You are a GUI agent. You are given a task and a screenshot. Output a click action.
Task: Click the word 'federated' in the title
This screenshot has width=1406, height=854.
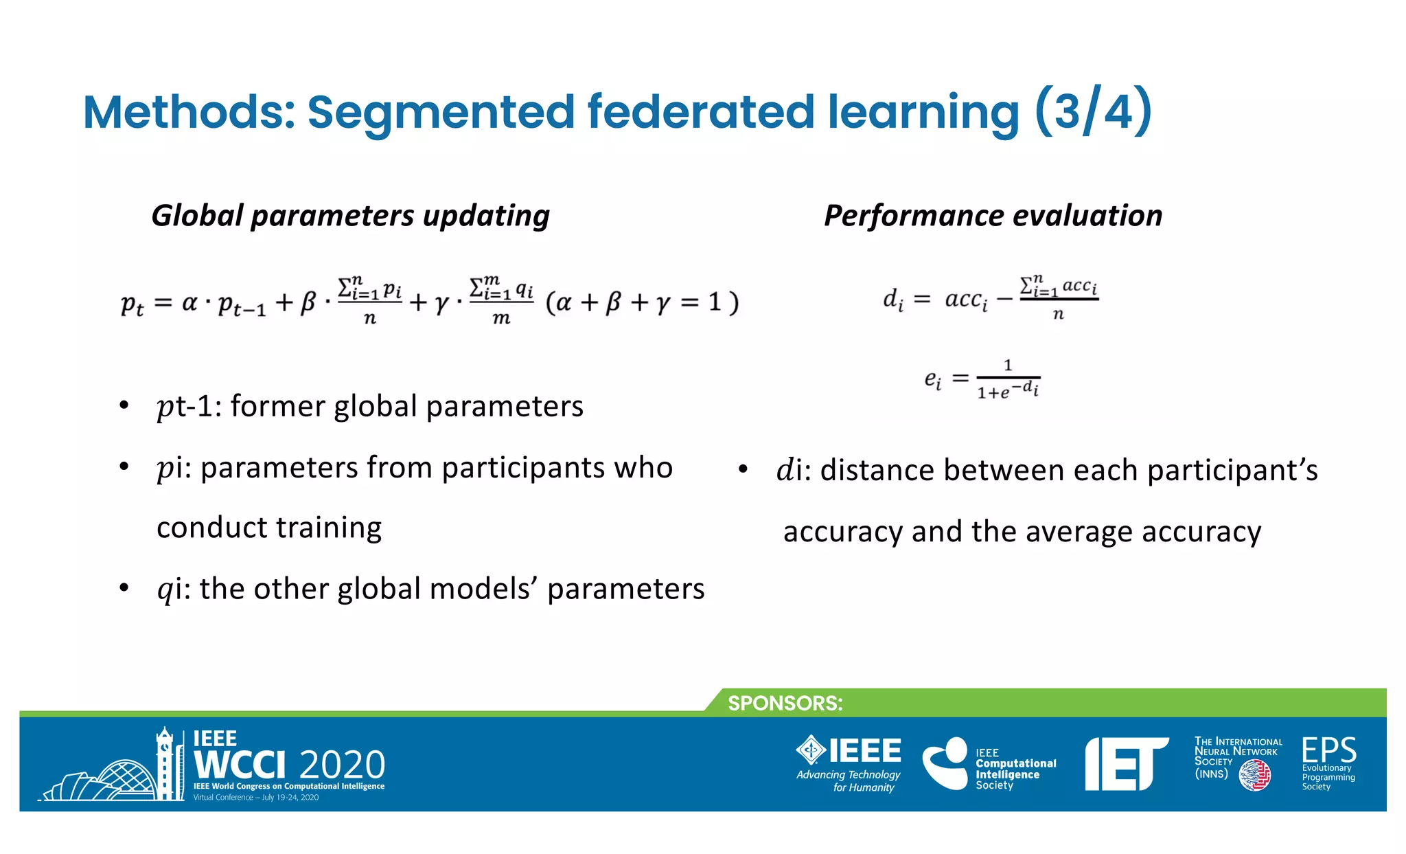[700, 112]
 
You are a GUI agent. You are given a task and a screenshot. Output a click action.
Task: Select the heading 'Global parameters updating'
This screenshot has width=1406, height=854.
[350, 216]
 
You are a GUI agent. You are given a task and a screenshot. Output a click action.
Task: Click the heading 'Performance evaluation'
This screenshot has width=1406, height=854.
[993, 216]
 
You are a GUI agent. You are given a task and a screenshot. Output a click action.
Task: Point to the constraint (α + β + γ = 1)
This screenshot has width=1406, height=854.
[642, 302]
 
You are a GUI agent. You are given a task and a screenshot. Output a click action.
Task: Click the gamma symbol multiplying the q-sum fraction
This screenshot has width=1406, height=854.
[441, 303]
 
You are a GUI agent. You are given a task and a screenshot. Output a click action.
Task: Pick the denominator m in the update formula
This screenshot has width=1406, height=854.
[501, 319]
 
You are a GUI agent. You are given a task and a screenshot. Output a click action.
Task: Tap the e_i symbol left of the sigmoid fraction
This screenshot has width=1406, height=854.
[933, 379]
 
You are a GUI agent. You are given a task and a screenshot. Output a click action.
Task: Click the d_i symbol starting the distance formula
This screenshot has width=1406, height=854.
[892, 300]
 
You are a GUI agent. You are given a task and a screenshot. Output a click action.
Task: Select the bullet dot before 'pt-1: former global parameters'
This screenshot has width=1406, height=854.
[124, 405]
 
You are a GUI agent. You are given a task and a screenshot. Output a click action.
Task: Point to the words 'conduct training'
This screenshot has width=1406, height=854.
[268, 528]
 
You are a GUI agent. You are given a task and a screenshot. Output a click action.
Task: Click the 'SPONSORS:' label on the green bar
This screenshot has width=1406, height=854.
[785, 704]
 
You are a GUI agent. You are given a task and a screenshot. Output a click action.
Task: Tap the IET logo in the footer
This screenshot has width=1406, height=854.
[1126, 763]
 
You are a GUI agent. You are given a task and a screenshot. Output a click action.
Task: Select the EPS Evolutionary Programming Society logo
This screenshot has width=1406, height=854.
[1328, 763]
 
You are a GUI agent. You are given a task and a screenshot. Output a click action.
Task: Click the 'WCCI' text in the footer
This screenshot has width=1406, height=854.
[240, 765]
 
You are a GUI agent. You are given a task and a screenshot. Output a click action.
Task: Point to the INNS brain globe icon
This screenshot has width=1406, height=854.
[1255, 776]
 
